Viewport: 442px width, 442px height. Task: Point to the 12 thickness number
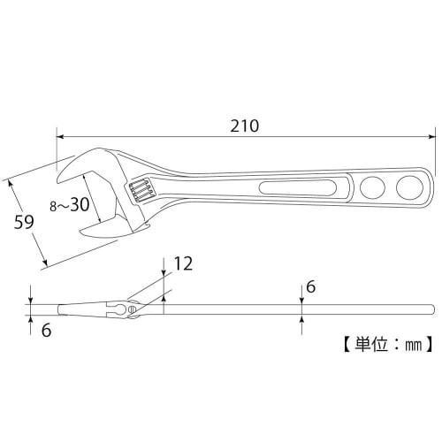point(184,263)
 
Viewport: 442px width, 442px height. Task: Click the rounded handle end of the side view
point(431,309)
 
